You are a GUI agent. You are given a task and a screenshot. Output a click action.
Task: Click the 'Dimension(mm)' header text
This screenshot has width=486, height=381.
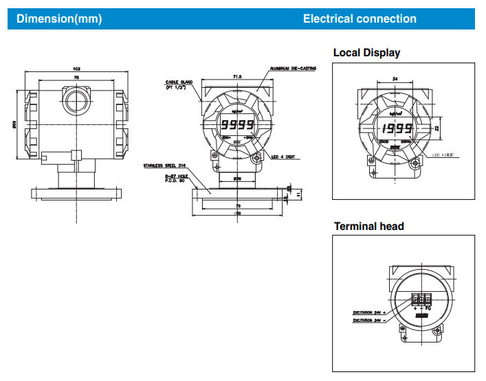[59, 19]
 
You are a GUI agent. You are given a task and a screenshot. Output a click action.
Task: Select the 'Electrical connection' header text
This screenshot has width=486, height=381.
[360, 19]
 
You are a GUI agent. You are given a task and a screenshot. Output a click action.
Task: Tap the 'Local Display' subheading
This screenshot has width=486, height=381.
[366, 53]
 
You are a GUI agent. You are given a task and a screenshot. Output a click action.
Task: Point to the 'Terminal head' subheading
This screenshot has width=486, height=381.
[368, 226]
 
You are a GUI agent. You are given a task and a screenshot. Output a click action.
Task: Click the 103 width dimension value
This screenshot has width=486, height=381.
[76, 69]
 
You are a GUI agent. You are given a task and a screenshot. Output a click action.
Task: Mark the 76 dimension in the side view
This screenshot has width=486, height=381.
[76, 79]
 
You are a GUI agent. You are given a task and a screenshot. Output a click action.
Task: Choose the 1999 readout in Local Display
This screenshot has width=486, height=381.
[397, 129]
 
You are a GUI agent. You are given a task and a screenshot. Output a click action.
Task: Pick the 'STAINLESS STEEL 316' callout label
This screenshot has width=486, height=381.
[166, 165]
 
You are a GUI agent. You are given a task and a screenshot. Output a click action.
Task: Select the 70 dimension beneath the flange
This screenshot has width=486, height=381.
[237, 205]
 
